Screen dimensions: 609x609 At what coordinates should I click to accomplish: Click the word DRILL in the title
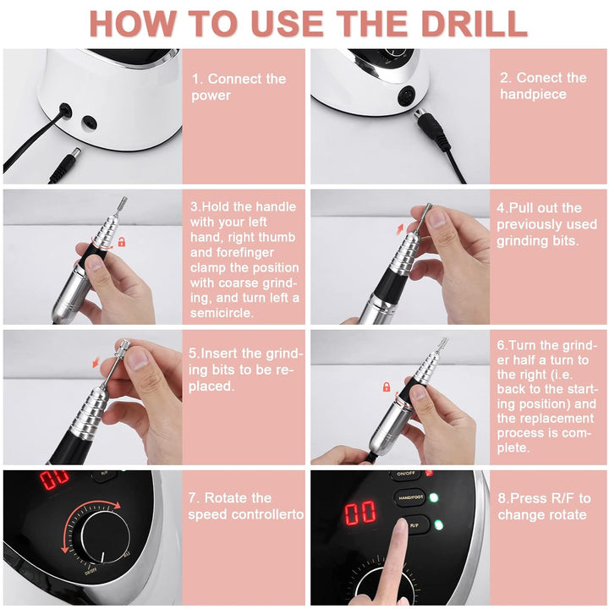tap(474, 24)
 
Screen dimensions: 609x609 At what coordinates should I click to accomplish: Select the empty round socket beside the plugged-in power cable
tap(89, 123)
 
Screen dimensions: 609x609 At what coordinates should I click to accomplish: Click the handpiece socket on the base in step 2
tap(406, 96)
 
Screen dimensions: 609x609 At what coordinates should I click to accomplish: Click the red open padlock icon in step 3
tap(122, 242)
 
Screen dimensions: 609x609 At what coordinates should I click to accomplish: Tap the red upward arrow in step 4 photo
tap(399, 229)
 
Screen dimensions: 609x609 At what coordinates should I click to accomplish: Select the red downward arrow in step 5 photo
tap(96, 362)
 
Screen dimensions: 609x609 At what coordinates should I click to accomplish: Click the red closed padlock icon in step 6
tap(387, 387)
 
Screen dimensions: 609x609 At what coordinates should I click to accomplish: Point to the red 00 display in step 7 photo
tap(54, 480)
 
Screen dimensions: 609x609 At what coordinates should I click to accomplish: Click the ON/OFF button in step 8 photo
tap(406, 475)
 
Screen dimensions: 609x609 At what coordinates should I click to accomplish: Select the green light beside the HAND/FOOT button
tap(433, 497)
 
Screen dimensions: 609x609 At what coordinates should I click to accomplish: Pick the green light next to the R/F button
tap(438, 524)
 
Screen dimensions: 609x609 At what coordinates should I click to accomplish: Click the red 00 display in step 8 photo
tap(360, 513)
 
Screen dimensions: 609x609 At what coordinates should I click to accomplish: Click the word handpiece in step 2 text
tap(533, 95)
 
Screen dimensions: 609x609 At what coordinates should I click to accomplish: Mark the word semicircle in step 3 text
tap(222, 313)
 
